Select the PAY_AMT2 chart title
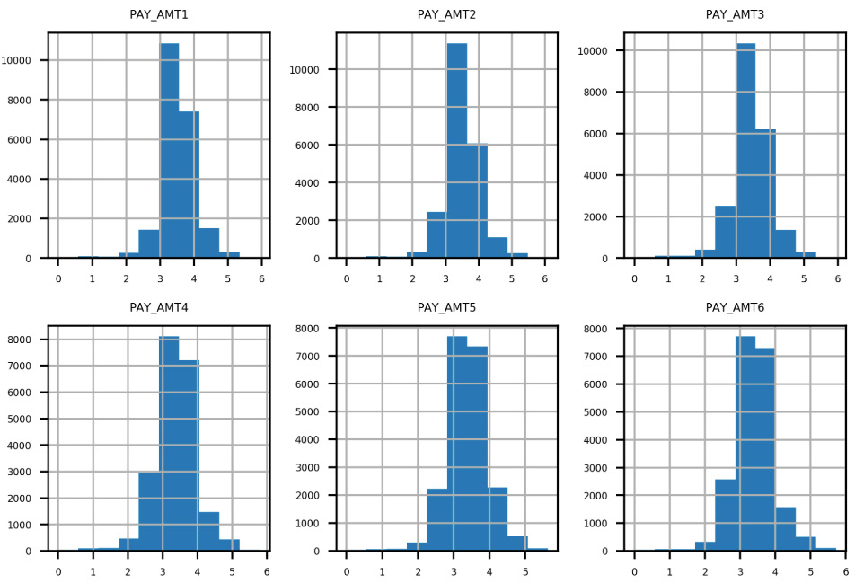tap(446, 14)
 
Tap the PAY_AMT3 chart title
tap(735, 14)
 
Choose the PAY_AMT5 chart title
tap(446, 308)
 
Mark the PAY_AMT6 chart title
tap(735, 308)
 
